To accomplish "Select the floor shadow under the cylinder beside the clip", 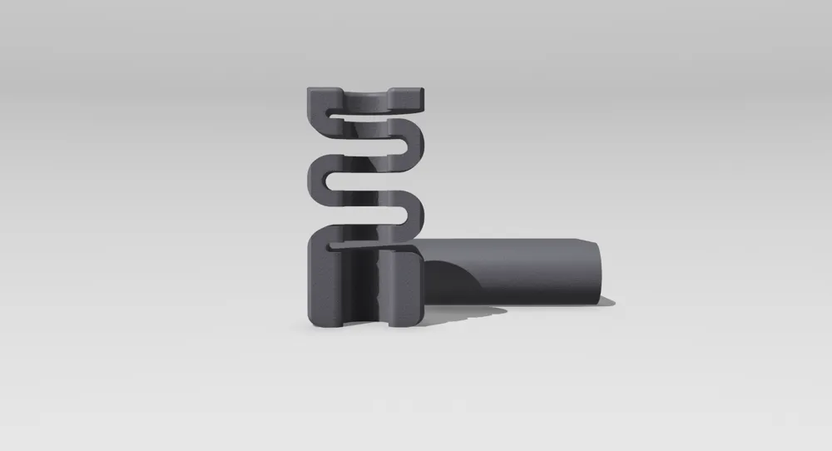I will tap(466, 311).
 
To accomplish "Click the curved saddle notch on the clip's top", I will tap(365, 98).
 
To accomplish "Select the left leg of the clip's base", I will tap(326, 287).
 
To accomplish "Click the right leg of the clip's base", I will tap(407, 287).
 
